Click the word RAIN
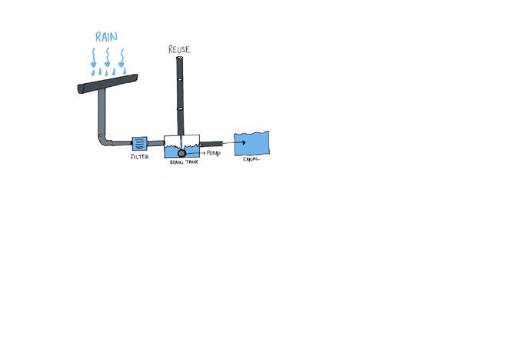tap(106, 36)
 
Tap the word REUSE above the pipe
tap(179, 50)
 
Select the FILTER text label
tap(139, 157)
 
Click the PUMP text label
tap(214, 153)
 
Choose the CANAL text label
tap(251, 159)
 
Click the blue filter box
tap(139, 143)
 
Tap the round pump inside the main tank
tap(183, 153)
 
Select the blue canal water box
tap(253, 143)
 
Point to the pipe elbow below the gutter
tap(104, 140)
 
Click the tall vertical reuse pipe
tap(179, 92)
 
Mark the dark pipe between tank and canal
tap(211, 143)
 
